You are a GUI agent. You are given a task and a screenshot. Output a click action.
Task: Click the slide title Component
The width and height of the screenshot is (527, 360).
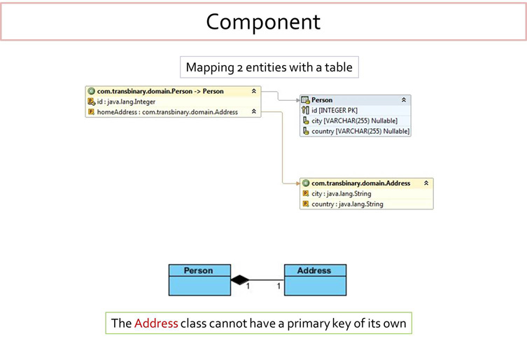point(263,21)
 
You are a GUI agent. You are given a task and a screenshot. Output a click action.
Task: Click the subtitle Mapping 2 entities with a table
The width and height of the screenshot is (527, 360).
point(269,68)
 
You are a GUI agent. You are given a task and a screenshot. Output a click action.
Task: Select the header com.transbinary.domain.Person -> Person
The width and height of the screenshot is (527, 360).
point(160,91)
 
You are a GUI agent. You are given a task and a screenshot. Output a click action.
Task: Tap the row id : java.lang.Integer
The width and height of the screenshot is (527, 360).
point(126,102)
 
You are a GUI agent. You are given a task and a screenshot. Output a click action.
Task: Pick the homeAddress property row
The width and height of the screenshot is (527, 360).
point(167,112)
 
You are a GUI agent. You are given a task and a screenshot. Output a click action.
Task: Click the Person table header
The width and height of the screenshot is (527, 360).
point(322,100)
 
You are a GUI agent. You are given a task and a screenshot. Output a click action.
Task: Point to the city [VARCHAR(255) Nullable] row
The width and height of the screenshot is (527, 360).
point(354,120)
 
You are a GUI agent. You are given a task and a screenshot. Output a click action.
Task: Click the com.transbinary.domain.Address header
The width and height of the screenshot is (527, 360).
point(360,183)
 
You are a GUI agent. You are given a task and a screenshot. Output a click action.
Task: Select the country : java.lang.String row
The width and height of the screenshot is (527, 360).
point(347,205)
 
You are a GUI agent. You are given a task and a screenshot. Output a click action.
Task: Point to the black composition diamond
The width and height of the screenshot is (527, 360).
point(240,280)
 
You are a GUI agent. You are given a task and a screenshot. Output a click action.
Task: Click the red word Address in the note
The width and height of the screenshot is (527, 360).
point(156,324)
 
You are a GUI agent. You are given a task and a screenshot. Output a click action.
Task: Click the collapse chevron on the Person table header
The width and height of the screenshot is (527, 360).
point(404,100)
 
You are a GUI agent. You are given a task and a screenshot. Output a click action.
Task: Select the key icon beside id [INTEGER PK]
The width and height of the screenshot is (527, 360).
point(305,111)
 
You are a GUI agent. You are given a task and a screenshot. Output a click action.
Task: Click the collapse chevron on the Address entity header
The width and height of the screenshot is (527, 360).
point(426,183)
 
